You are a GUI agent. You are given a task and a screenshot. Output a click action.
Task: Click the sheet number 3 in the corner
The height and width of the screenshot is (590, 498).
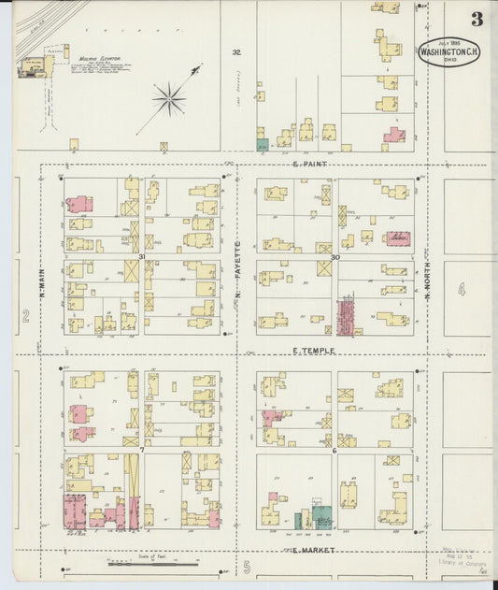[x=477, y=19]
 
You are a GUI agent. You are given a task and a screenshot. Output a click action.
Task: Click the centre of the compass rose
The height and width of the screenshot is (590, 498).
[x=169, y=96]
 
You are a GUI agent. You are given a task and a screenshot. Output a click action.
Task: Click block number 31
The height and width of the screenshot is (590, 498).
[x=142, y=256]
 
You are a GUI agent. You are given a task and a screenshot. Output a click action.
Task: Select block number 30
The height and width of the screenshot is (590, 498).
[x=334, y=256]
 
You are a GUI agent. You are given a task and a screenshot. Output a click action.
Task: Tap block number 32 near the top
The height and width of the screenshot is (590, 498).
[x=236, y=52]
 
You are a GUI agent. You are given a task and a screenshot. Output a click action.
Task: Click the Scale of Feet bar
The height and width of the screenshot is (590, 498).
[x=153, y=563]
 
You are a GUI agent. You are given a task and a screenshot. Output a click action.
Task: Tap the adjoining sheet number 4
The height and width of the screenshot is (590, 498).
[x=461, y=290]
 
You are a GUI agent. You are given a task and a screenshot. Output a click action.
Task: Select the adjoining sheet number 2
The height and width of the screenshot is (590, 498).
[x=26, y=316]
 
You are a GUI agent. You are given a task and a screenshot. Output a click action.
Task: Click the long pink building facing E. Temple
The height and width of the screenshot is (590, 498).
[x=347, y=317]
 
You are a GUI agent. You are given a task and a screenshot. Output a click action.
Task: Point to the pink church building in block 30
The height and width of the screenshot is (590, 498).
[x=398, y=238]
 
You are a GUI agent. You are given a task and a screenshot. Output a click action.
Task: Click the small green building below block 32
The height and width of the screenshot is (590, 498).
[x=263, y=145]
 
